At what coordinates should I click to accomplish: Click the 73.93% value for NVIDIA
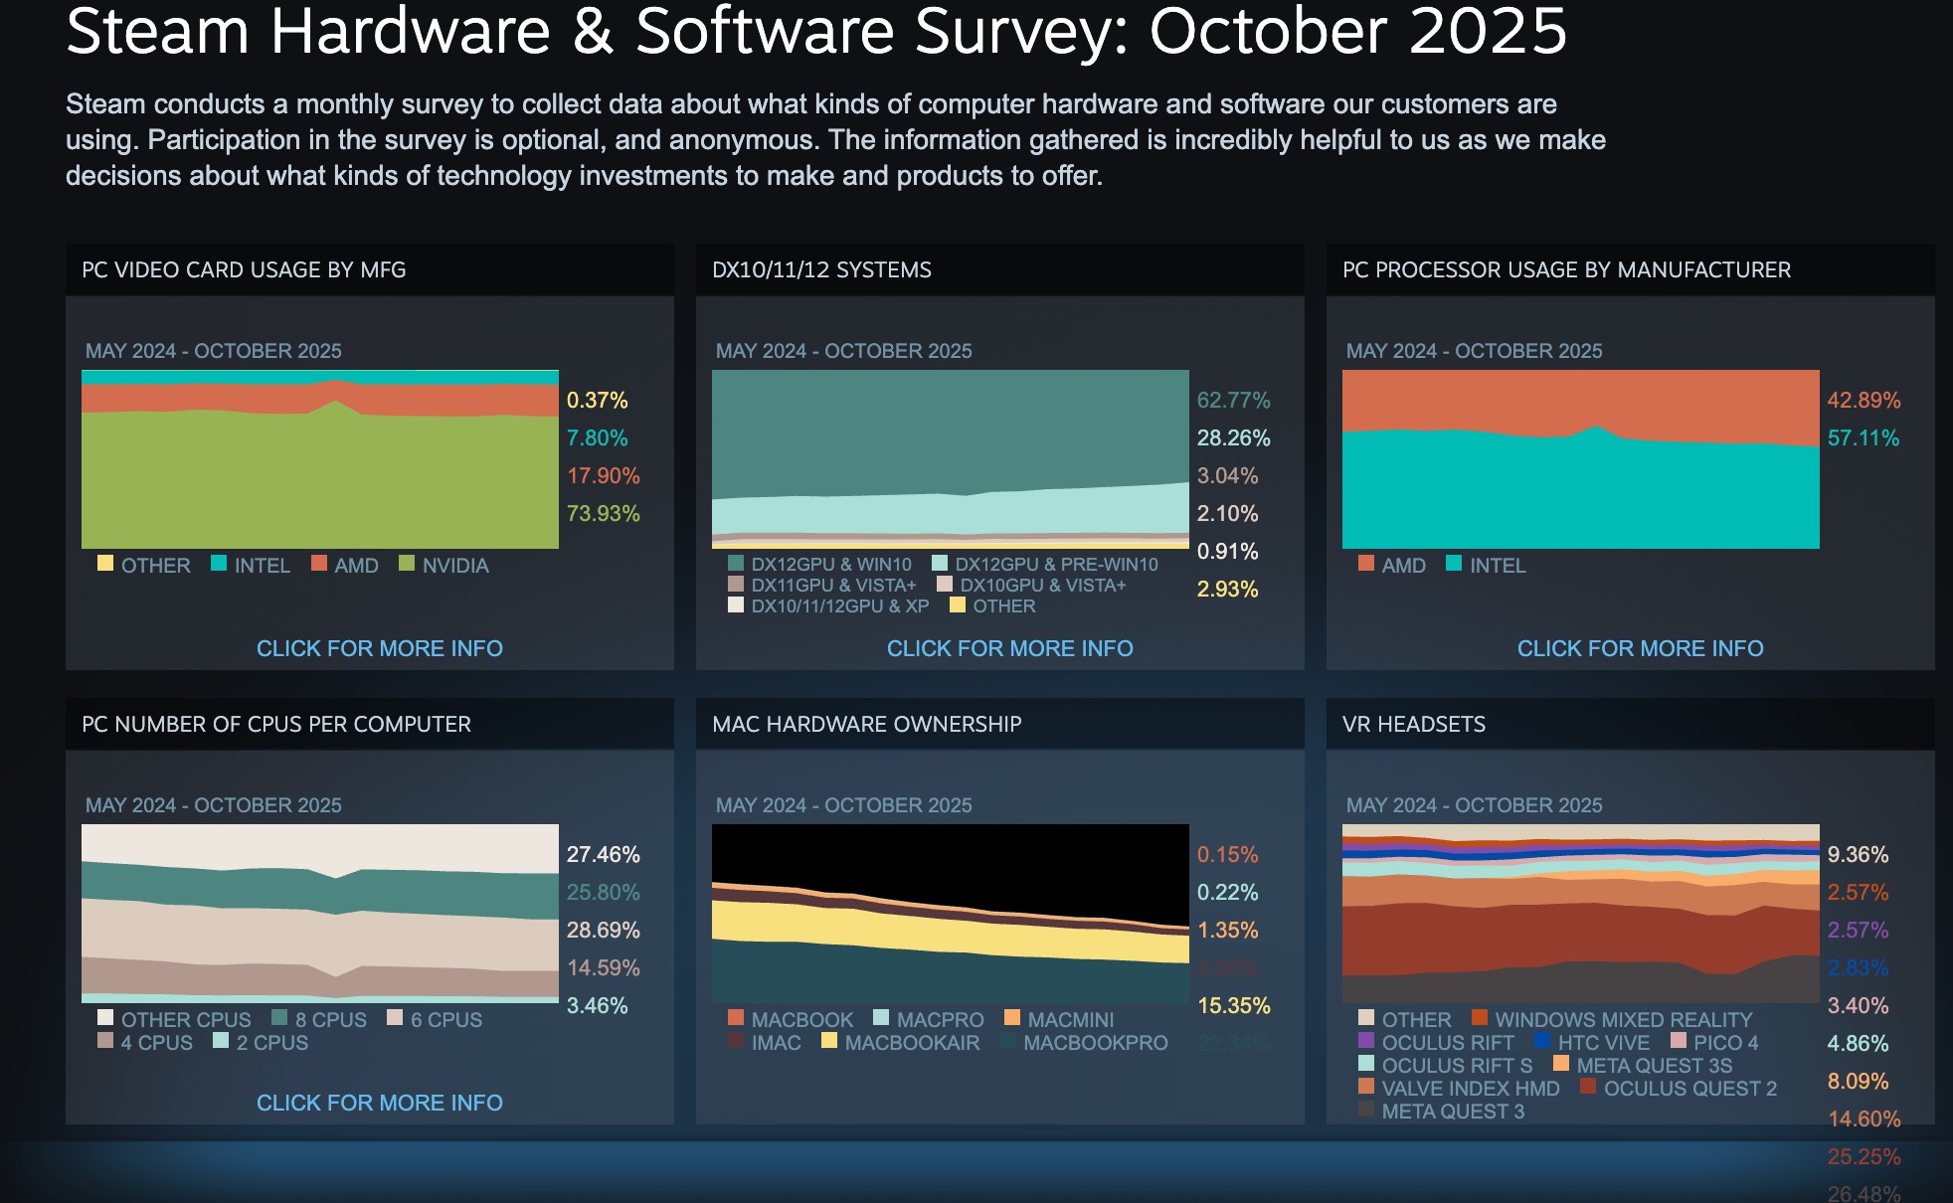pyautogui.click(x=603, y=513)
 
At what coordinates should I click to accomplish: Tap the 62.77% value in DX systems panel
pyautogui.click(x=1233, y=400)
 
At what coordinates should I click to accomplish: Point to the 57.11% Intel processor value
pyautogui.click(x=1863, y=437)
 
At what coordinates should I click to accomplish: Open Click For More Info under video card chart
pyautogui.click(x=379, y=648)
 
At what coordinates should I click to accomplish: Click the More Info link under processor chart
pyautogui.click(x=1640, y=648)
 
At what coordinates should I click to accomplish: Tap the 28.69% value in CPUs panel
pyautogui.click(x=603, y=930)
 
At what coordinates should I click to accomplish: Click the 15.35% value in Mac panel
pyautogui.click(x=1233, y=1005)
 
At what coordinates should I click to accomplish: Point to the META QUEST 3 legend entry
pyautogui.click(x=1452, y=1111)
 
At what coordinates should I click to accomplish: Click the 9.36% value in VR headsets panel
pyautogui.click(x=1858, y=854)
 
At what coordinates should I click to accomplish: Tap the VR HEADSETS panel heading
pyautogui.click(x=1413, y=724)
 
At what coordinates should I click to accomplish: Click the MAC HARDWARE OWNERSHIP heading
pyautogui.click(x=866, y=724)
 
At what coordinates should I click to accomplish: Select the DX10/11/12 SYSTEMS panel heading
pyautogui.click(x=821, y=269)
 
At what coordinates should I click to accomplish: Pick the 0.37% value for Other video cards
pyautogui.click(x=597, y=400)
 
